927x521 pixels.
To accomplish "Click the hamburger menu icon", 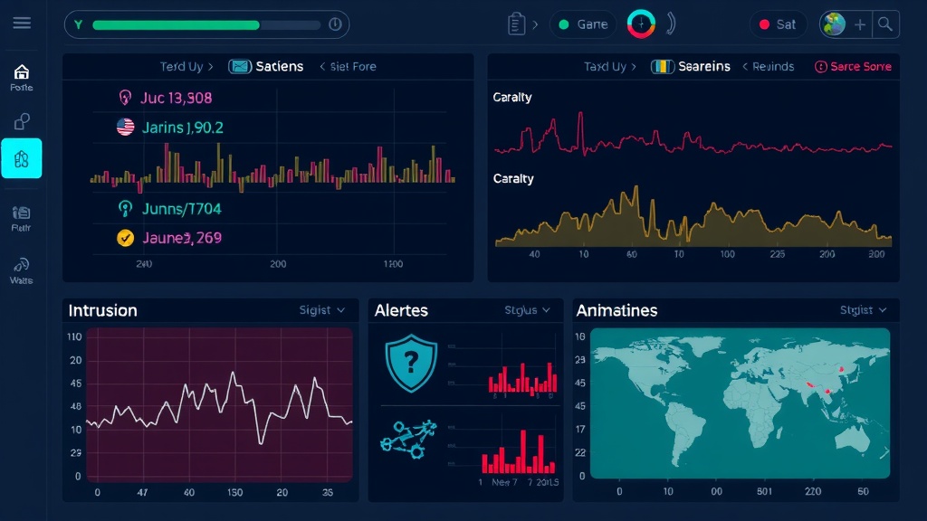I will tap(22, 24).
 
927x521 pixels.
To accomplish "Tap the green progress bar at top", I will tap(177, 24).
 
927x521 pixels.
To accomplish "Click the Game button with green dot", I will tap(583, 24).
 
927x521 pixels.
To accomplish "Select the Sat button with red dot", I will tap(778, 24).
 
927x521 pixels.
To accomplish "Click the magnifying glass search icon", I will tap(885, 24).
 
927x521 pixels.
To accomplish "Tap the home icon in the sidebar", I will tap(22, 71).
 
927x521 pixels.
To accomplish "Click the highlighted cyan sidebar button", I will tap(22, 158).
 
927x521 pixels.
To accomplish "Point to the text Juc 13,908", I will tap(176, 98).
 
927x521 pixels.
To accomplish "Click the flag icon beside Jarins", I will tap(126, 128).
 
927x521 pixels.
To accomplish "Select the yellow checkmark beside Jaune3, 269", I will tap(126, 238).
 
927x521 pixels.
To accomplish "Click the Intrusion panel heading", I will tap(103, 310).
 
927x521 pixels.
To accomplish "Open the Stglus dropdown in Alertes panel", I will tap(527, 310).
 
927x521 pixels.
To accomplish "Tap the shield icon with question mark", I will tap(411, 362).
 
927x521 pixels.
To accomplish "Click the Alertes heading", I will tap(401, 310).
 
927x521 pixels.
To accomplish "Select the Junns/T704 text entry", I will tap(181, 209).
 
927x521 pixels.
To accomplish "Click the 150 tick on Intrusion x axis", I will tap(235, 493).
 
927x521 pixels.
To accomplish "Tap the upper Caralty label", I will tap(512, 98).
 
